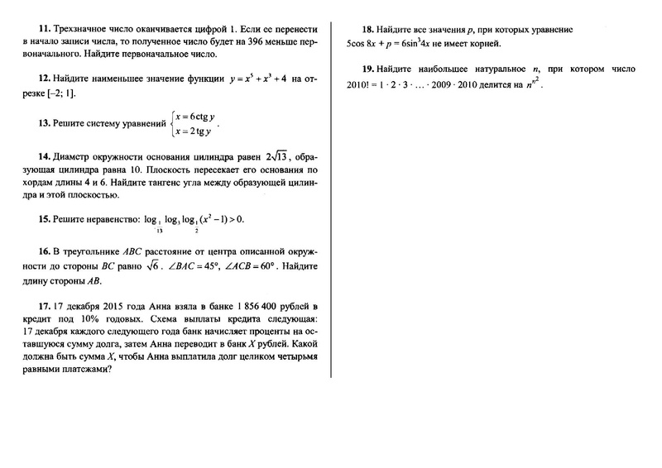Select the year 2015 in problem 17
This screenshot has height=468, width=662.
click(89, 305)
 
